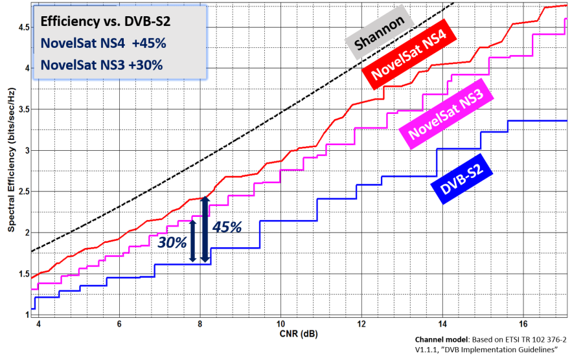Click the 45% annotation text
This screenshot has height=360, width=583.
click(x=227, y=228)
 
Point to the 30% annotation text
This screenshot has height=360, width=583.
click(x=172, y=243)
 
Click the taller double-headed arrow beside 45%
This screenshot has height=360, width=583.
click(x=205, y=230)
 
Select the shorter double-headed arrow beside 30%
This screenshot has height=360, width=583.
click(x=192, y=240)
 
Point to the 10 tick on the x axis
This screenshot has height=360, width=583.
click(x=281, y=323)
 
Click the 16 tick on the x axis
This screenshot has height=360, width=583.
click(x=523, y=323)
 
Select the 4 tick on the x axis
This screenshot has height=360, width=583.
click(x=38, y=323)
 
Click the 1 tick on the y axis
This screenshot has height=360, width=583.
click(x=25, y=315)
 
